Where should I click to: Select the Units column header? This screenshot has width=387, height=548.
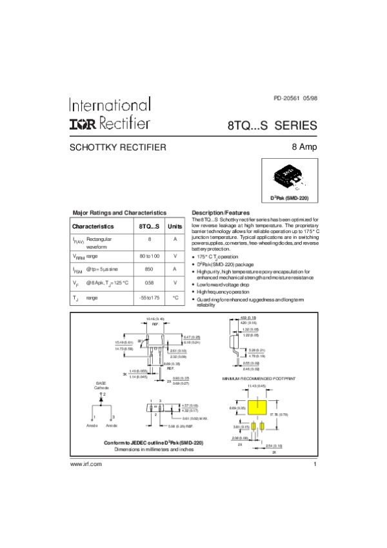tap(175, 227)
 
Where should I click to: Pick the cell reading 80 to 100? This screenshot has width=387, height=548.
tap(150, 257)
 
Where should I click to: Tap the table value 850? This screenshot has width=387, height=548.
tap(150, 270)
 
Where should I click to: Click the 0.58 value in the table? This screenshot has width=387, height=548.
tap(150, 283)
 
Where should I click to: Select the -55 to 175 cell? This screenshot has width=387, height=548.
tap(150, 298)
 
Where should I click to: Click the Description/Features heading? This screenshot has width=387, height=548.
tap(221, 212)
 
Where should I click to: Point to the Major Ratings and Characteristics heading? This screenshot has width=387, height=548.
tap(119, 212)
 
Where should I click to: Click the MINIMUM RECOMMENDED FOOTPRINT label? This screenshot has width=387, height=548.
tap(257, 378)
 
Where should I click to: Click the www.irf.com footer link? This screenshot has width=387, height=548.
tap(86, 465)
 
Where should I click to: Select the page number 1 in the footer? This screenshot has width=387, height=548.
tap(314, 465)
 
